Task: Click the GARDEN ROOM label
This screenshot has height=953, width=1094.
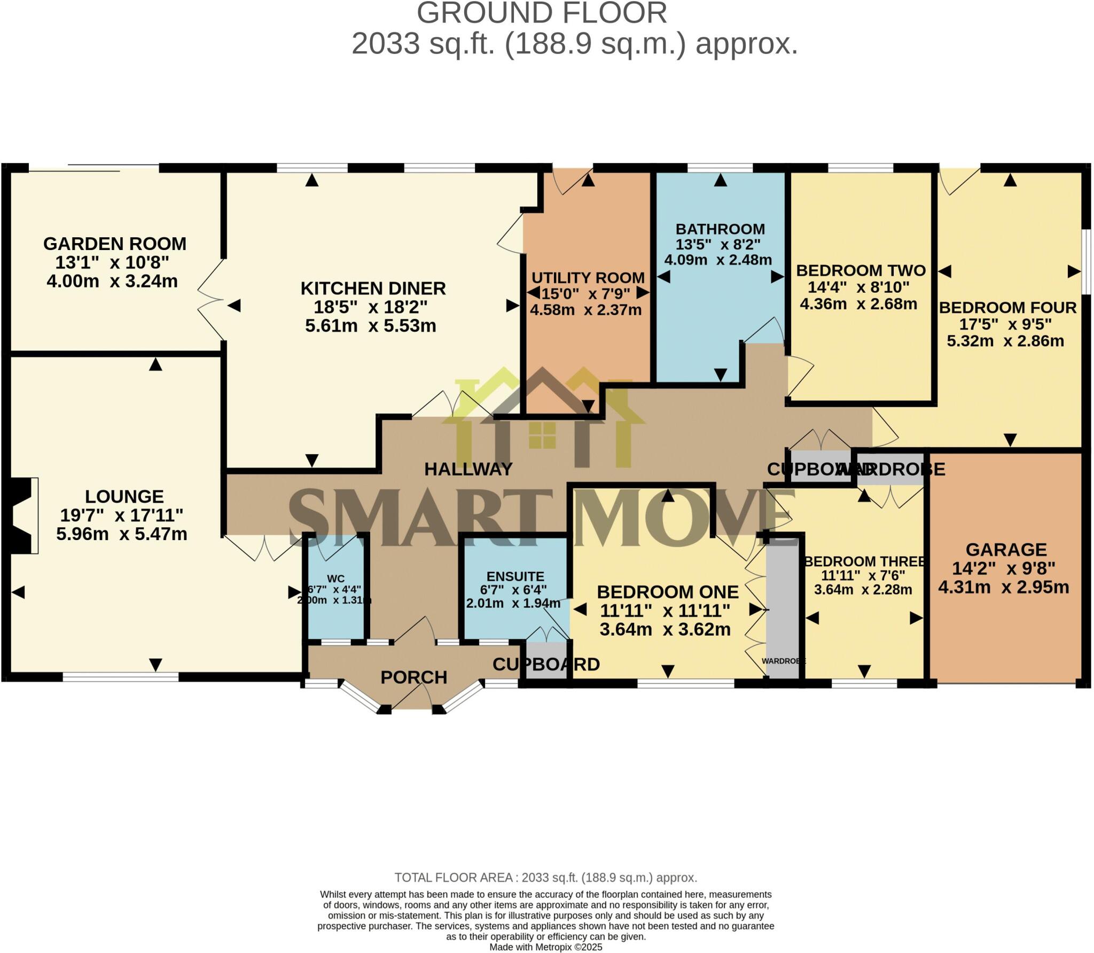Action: tap(114, 244)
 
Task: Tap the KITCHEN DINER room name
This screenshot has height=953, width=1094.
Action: tap(373, 288)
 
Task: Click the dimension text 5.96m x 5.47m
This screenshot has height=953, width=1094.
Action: tap(122, 534)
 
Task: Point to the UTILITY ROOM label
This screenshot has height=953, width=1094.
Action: tap(588, 278)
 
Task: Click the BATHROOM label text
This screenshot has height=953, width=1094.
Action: tap(720, 229)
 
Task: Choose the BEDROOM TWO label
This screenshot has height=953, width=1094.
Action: tap(861, 270)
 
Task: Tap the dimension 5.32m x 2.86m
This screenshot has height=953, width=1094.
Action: tap(1005, 341)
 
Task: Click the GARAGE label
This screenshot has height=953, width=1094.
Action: tap(1006, 549)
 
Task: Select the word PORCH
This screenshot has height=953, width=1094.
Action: tap(413, 677)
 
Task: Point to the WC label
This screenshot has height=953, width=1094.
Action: tap(335, 579)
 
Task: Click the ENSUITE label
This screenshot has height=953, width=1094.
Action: tap(515, 576)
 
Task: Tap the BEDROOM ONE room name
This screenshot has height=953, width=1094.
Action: tap(667, 592)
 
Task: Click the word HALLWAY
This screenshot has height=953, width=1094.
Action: tap(468, 469)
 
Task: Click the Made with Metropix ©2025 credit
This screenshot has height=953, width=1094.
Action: tap(545, 947)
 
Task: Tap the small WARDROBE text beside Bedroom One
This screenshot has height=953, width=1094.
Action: tap(783, 661)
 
